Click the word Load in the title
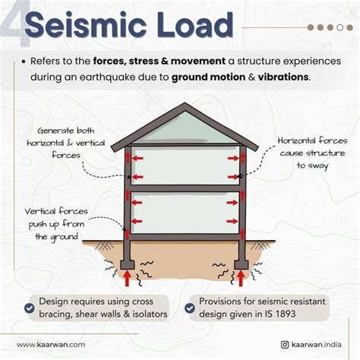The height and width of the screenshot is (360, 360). coord(192,28)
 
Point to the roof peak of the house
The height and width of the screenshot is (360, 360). coord(185,107)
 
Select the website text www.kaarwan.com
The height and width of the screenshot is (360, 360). coord(51,344)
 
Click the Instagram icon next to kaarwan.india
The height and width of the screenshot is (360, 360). coord(284,344)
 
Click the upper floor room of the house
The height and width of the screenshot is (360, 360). coord(185,165)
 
